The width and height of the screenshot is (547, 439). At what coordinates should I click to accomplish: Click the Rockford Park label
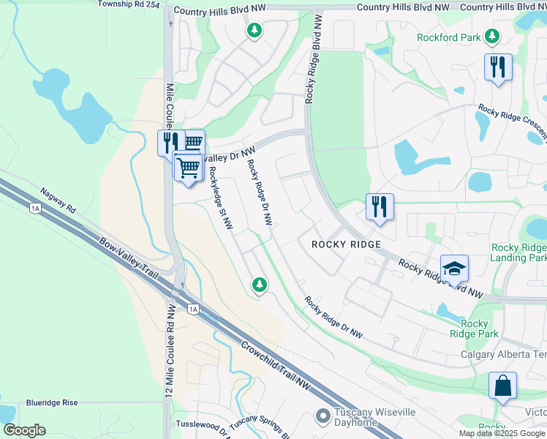pos(449,37)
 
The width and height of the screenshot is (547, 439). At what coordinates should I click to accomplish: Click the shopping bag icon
pos(502,386)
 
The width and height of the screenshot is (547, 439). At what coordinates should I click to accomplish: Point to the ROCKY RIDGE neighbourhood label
pos(346,244)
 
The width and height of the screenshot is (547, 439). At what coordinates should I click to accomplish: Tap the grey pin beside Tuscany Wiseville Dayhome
pos(322,416)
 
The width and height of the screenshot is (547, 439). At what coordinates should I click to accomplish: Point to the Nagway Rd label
pos(59,199)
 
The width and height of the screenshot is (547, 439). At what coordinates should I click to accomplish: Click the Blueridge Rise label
pos(51,402)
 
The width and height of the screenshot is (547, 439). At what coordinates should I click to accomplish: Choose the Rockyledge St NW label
pos(219,198)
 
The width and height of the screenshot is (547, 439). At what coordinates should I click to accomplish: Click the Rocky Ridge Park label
pos(475,329)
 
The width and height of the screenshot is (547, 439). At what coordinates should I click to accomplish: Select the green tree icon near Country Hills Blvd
pos(254,31)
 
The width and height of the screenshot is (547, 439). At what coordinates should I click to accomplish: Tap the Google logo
pos(24,430)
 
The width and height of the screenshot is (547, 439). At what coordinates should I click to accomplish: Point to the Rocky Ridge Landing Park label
pos(519,252)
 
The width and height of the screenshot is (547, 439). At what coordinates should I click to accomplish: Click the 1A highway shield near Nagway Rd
pos(35,209)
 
